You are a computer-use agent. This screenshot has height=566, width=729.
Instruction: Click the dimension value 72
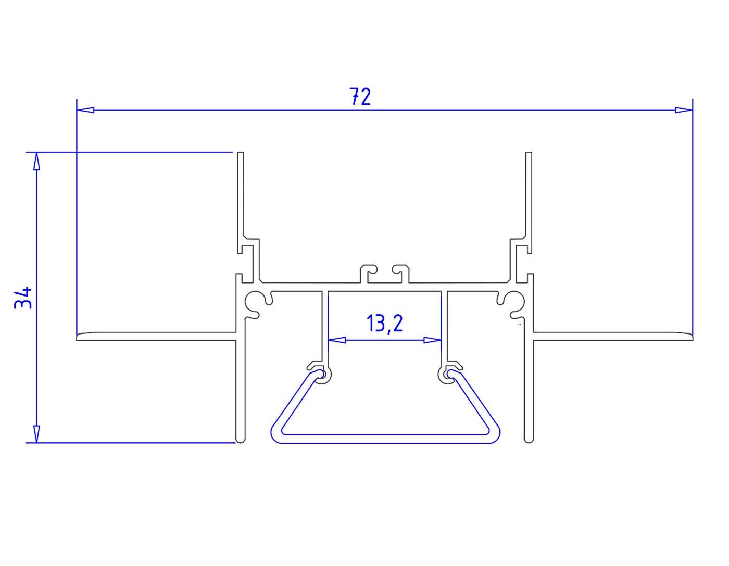[360, 97]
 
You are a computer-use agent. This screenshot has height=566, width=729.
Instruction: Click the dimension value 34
[23, 298]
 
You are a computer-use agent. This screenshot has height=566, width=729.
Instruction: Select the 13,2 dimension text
[384, 324]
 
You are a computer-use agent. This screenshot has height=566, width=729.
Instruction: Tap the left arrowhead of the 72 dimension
[85, 110]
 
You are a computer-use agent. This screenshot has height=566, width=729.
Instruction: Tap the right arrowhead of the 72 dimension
[684, 110]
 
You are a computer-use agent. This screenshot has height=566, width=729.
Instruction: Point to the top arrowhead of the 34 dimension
[37, 161]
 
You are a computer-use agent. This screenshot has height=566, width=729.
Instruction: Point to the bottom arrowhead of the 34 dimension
[37, 434]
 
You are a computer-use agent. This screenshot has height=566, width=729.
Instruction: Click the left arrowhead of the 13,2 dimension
[337, 340]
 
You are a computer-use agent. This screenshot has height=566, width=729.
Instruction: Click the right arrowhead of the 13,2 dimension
[432, 340]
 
